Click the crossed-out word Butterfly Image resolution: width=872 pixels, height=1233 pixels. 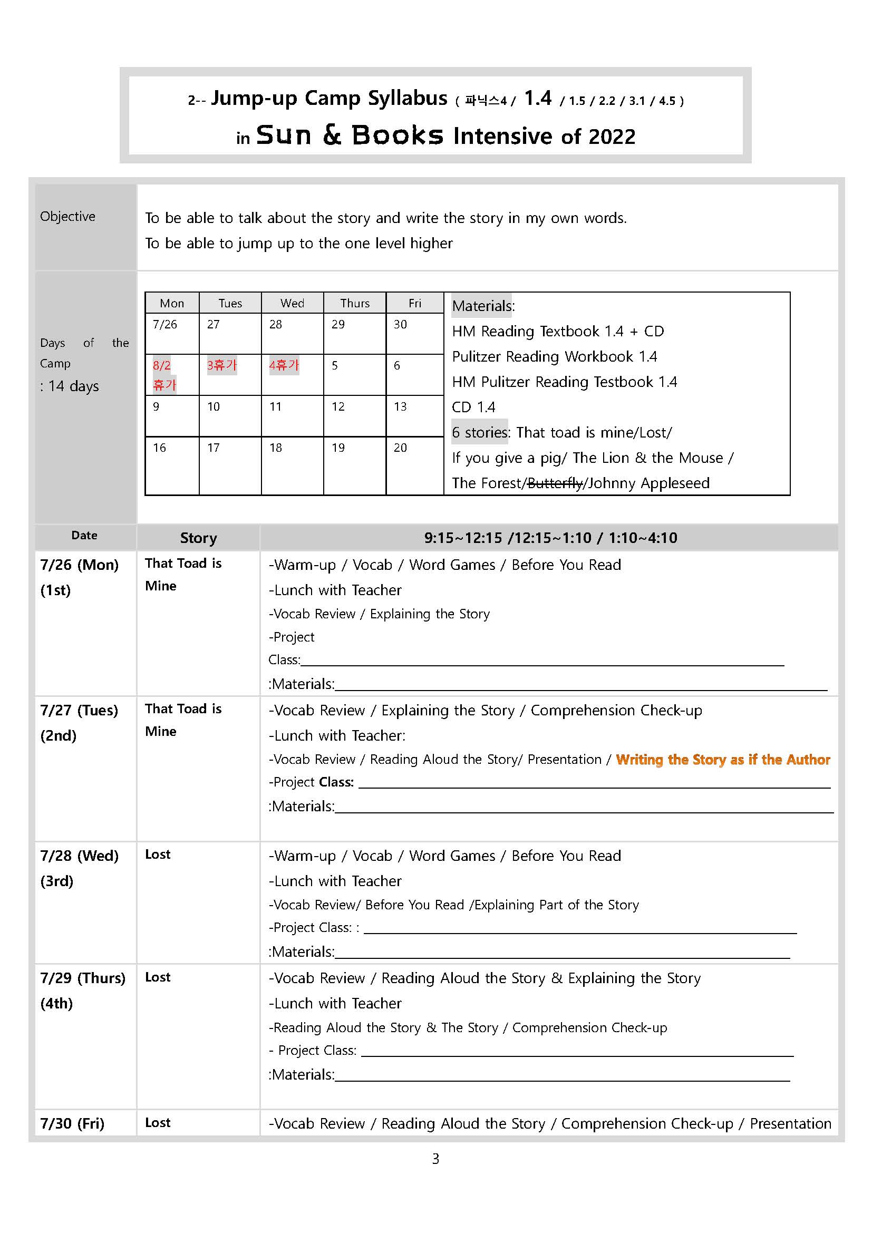pyautogui.click(x=555, y=483)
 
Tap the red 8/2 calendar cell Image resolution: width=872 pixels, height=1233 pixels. pyautogui.click(x=163, y=374)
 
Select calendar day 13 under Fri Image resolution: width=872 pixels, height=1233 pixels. pyautogui.click(x=400, y=406)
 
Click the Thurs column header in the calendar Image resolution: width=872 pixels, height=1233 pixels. pyautogui.click(x=354, y=304)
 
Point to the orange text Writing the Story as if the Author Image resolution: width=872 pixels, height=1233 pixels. pyautogui.click(x=723, y=759)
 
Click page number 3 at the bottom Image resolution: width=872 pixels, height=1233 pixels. pyautogui.click(x=435, y=1159)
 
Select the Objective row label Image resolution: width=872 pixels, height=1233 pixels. pyautogui.click(x=67, y=217)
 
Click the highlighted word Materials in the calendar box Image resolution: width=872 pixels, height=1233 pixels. pyautogui.click(x=482, y=306)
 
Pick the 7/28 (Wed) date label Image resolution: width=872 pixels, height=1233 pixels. pyautogui.click(x=80, y=856)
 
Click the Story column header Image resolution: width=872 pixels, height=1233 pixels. pyautogui.click(x=198, y=538)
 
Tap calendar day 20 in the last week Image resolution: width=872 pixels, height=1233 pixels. pyautogui.click(x=400, y=448)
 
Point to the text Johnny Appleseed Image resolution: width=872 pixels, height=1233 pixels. pyautogui.click(x=648, y=483)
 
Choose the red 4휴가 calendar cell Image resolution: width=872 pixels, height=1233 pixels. pyautogui.click(x=284, y=366)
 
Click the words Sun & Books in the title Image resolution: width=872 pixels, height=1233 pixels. pyautogui.click(x=350, y=135)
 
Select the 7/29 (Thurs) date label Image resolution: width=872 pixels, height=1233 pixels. pyautogui.click(x=83, y=978)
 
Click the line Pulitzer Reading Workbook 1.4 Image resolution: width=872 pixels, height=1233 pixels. pyautogui.click(x=554, y=356)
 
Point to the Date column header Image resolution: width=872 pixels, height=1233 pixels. pyautogui.click(x=84, y=536)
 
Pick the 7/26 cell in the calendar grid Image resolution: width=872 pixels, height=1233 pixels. pyautogui.click(x=165, y=324)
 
